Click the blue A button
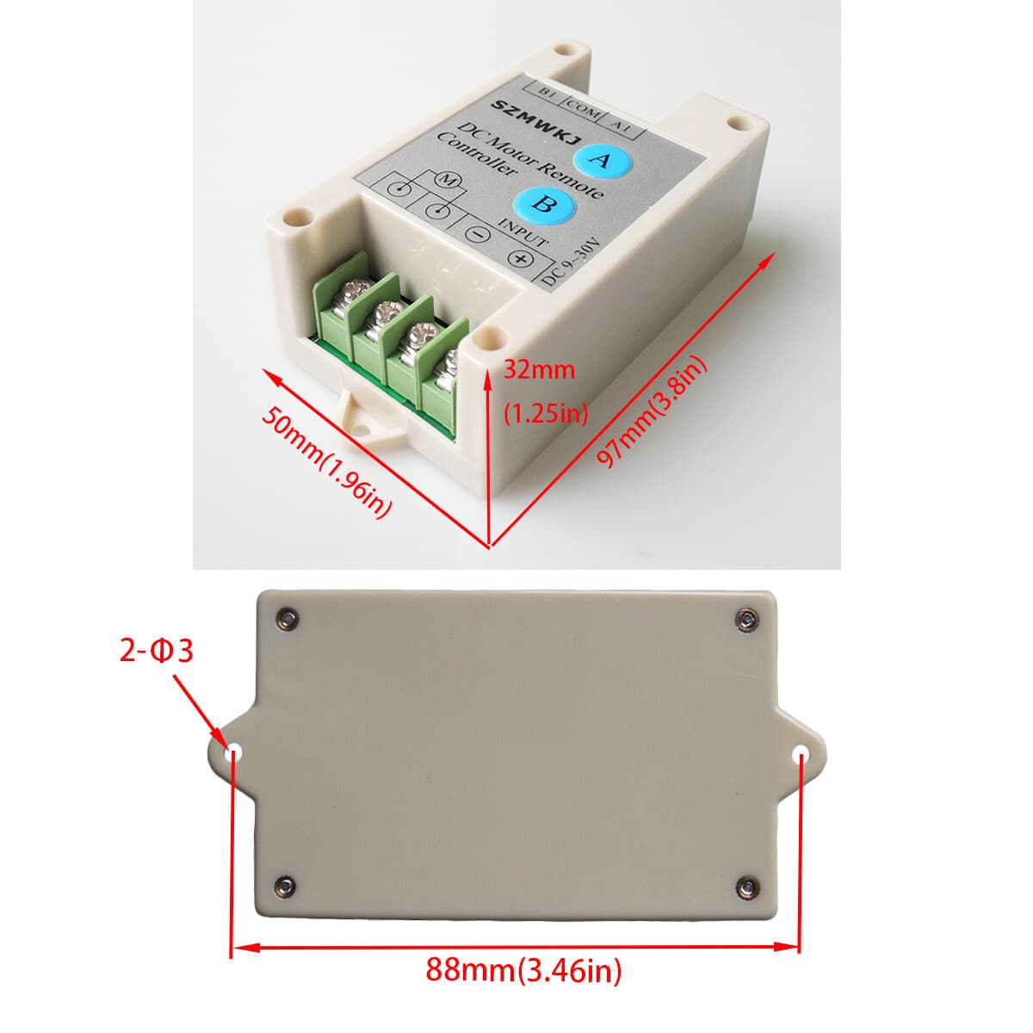[601, 160]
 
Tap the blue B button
[540, 204]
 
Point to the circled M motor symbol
[448, 180]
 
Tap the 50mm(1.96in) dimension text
[328, 464]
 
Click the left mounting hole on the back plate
[232, 753]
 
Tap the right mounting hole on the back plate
[801, 753]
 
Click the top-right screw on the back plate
[747, 616]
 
